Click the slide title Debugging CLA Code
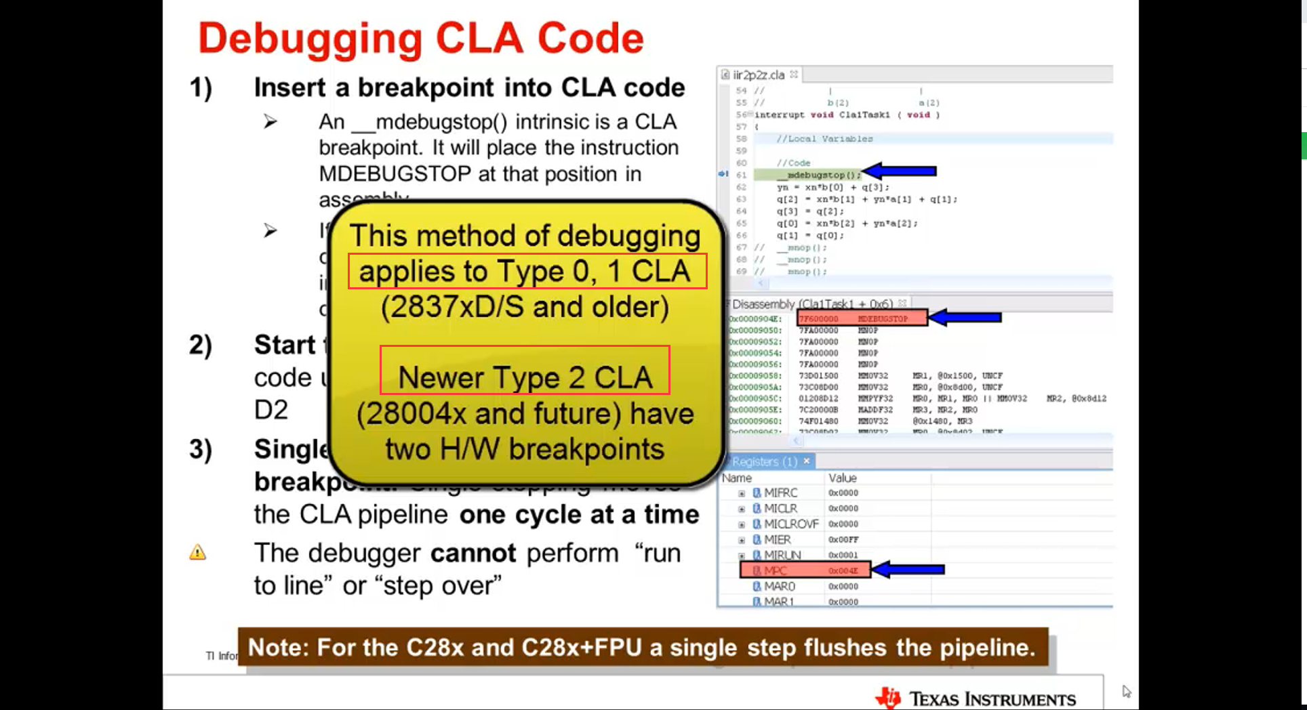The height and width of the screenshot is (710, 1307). coord(420,38)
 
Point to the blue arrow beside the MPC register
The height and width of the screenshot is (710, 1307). coord(908,570)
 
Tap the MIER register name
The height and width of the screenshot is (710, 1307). coord(777,540)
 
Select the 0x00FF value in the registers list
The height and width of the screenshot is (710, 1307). coord(843,540)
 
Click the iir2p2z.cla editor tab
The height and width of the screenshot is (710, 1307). coord(759,75)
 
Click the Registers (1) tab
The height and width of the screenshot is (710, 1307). coord(765,461)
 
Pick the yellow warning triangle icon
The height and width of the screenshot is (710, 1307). coord(197,552)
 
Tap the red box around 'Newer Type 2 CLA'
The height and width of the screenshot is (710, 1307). coord(525,370)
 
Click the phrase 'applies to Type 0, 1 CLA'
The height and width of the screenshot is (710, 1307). coord(525,271)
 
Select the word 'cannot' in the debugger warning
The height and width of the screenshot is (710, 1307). coord(473,554)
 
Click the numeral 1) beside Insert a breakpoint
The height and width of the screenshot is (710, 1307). coord(201,88)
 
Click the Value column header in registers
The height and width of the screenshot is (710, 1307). coord(843,478)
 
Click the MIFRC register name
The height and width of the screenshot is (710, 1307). coord(780,493)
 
